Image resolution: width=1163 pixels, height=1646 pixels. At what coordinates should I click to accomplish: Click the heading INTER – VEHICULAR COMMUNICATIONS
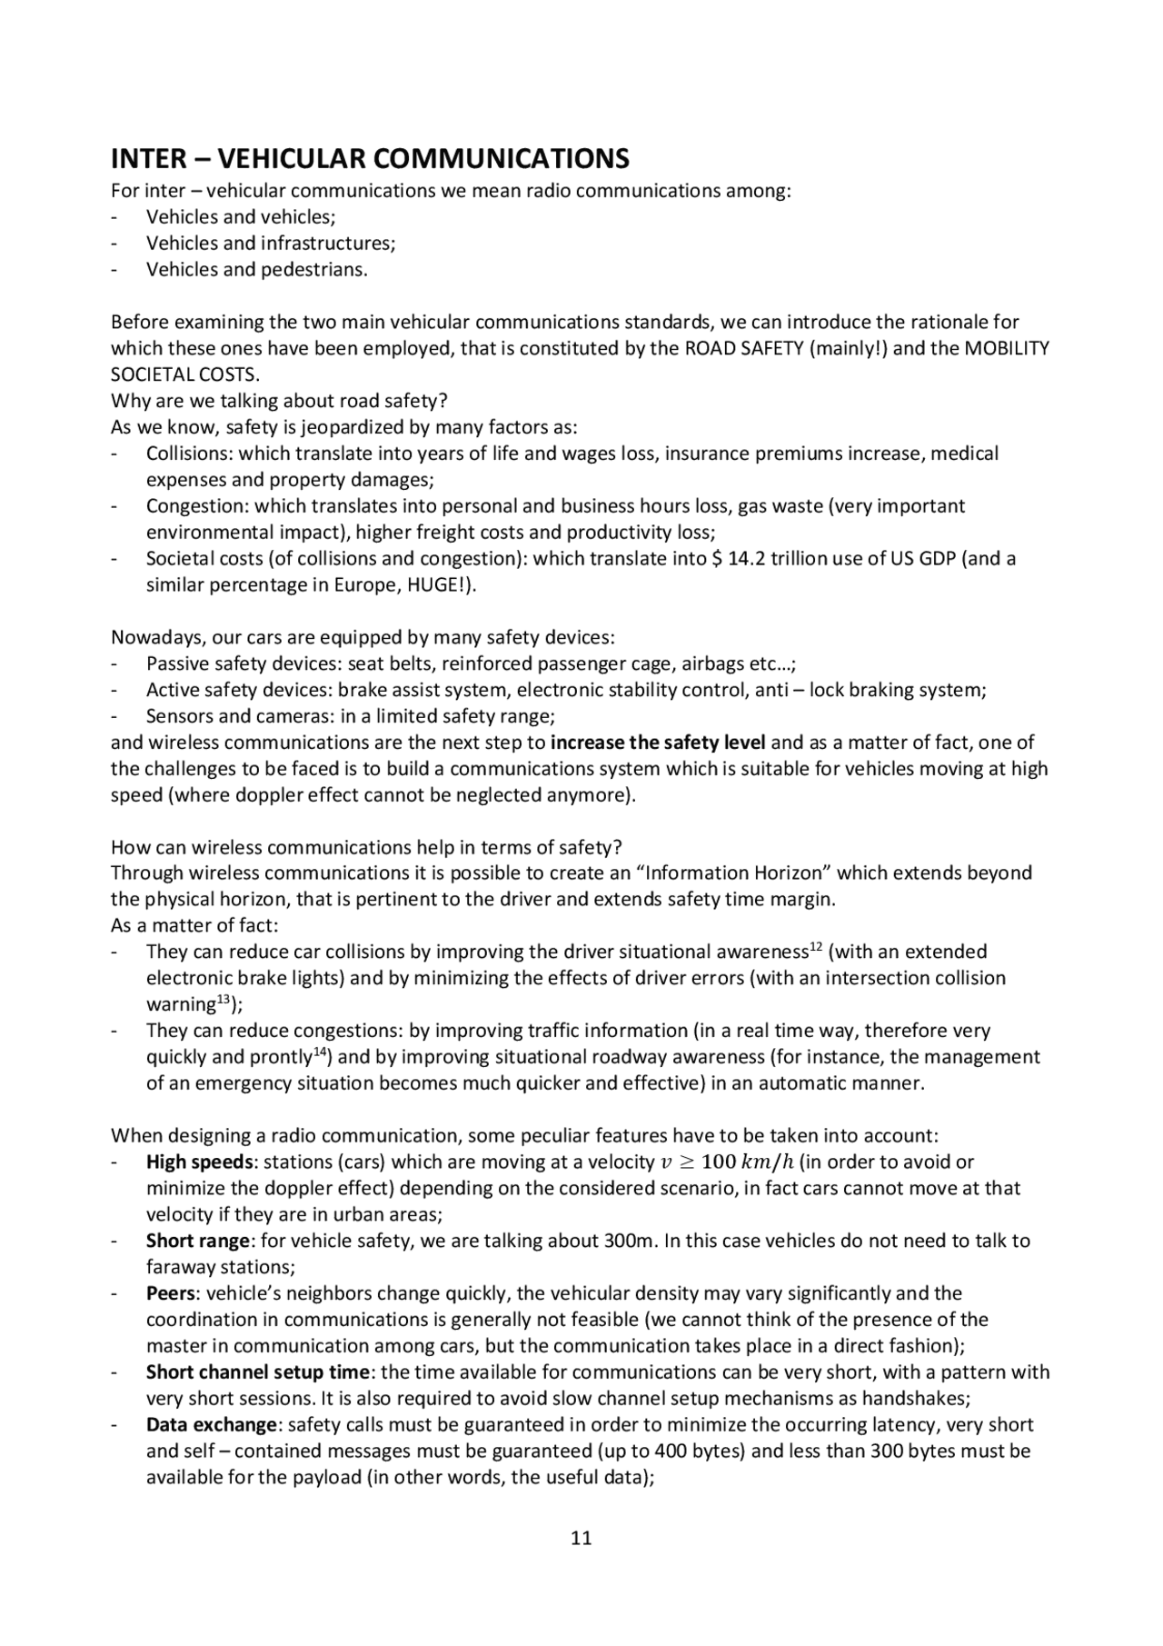click(x=370, y=159)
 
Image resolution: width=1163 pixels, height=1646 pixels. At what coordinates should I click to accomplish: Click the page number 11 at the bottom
click(x=581, y=1537)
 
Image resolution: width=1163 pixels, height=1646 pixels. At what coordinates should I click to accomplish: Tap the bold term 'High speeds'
click(x=199, y=1162)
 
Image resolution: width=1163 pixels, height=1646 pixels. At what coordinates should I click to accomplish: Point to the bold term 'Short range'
click(x=198, y=1241)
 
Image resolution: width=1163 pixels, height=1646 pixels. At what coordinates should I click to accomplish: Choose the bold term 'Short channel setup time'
click(x=258, y=1372)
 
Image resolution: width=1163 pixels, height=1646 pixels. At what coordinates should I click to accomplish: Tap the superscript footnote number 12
click(x=816, y=948)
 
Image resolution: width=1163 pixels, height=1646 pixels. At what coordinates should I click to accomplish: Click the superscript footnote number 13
click(x=224, y=1001)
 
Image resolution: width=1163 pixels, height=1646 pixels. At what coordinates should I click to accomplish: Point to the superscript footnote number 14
click(x=320, y=1053)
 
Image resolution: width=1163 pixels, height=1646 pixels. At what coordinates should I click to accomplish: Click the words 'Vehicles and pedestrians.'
click(x=257, y=270)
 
